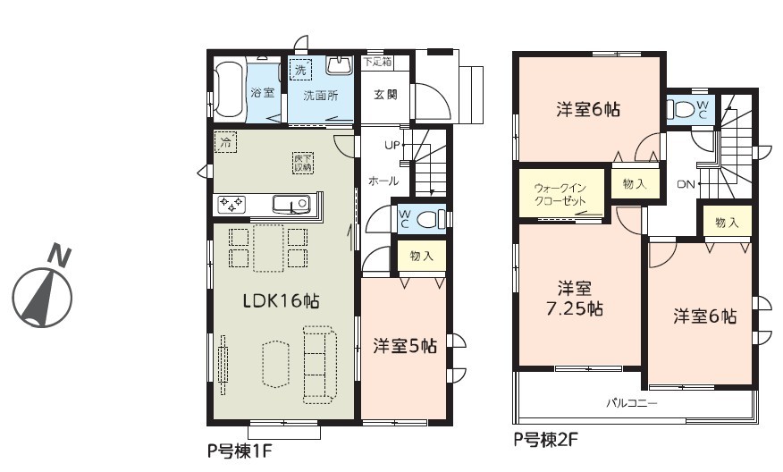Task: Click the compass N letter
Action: [x=60, y=256]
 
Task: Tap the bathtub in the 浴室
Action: [x=229, y=91]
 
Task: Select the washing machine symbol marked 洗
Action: [x=300, y=70]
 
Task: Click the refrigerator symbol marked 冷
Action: [x=226, y=142]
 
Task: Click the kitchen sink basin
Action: [x=291, y=204]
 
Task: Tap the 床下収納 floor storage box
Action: [x=303, y=164]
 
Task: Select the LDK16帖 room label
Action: [x=282, y=300]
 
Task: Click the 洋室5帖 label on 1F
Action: [x=405, y=346]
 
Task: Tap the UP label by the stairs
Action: [x=392, y=146]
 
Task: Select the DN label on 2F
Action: [x=686, y=184]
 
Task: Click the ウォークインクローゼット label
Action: [x=560, y=195]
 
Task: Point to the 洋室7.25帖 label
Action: [x=575, y=299]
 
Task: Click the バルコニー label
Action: [x=632, y=402]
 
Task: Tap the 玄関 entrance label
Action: [x=385, y=95]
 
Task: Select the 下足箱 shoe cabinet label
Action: [x=377, y=62]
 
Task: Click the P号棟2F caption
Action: [x=546, y=440]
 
